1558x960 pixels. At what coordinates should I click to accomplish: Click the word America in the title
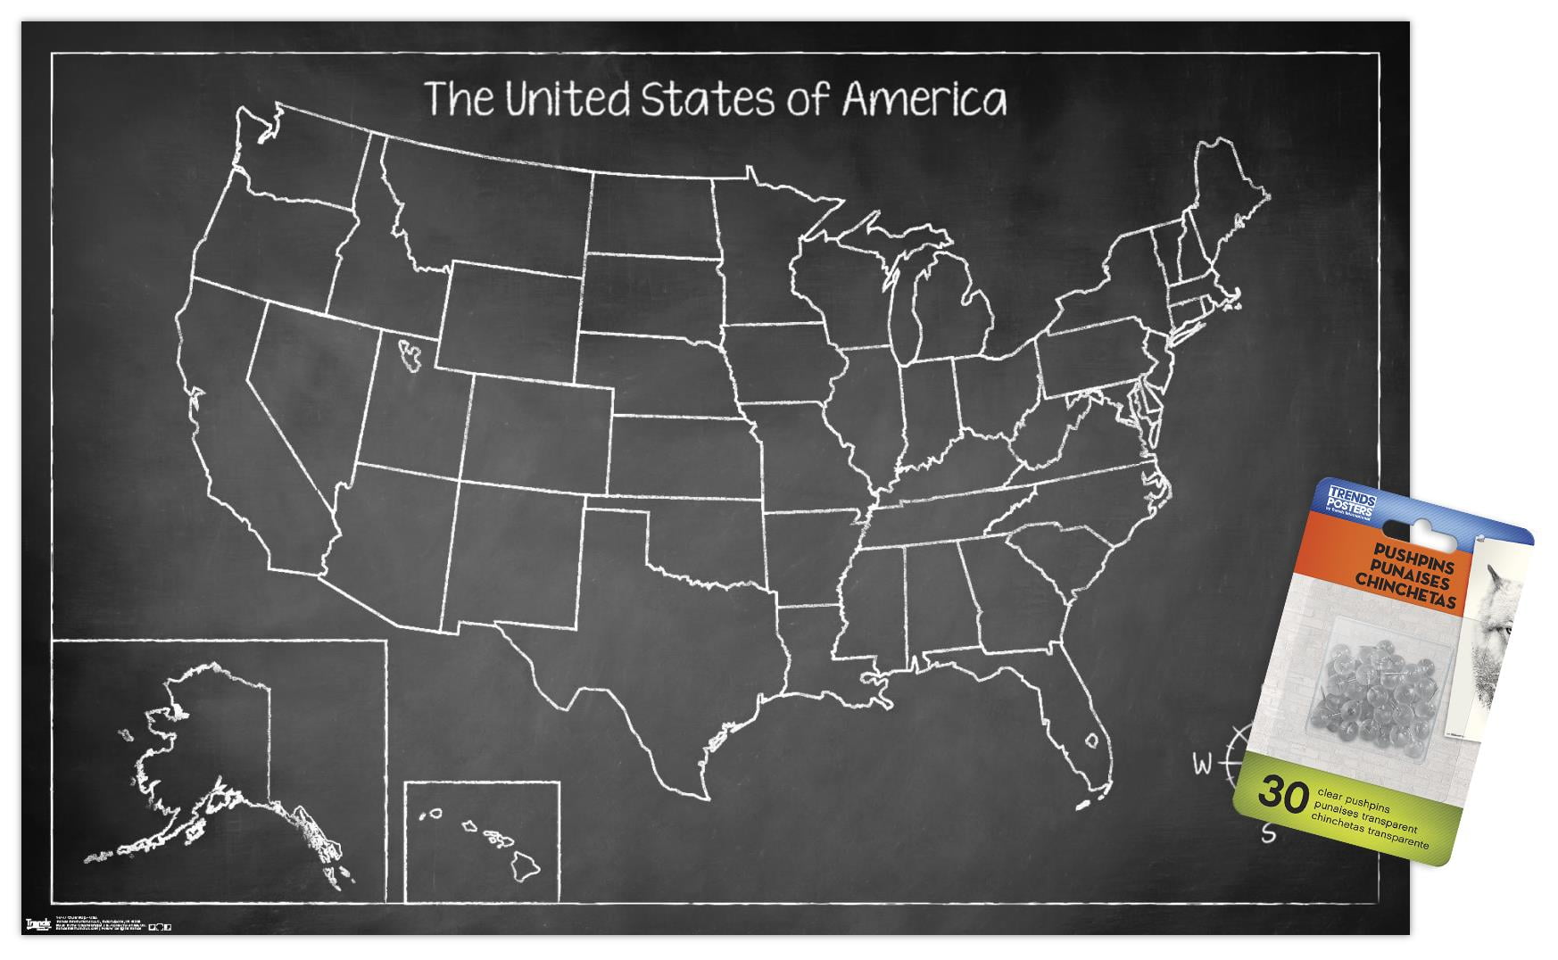[924, 99]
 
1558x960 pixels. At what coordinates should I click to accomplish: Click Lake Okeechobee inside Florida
[1090, 740]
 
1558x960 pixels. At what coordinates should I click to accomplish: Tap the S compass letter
[1268, 834]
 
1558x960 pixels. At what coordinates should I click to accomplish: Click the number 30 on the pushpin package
[1282, 792]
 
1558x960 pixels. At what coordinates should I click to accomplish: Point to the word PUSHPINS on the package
[1414, 557]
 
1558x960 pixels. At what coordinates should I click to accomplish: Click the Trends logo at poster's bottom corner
[38, 923]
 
